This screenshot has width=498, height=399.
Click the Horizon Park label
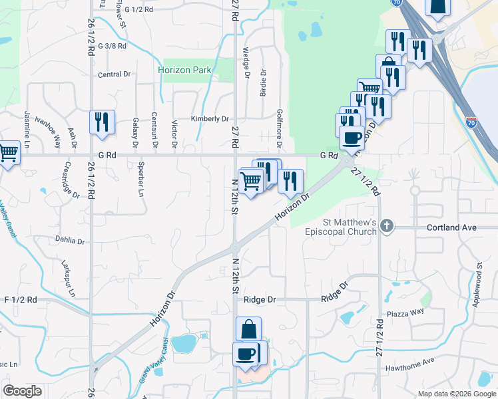(x=184, y=69)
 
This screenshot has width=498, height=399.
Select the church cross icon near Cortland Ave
(x=387, y=227)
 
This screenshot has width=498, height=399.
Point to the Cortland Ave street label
(x=451, y=227)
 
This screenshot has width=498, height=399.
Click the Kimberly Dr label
(x=210, y=118)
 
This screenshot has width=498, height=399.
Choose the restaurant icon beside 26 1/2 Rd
(x=102, y=122)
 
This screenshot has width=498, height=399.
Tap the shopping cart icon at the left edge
(x=8, y=153)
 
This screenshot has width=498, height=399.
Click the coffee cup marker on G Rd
(x=352, y=138)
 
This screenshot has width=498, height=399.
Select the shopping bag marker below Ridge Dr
(x=248, y=329)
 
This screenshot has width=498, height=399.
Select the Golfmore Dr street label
(x=280, y=129)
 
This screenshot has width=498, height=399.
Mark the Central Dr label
(x=114, y=74)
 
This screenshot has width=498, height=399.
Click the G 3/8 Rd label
(x=111, y=47)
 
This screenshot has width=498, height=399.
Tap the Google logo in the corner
(x=23, y=391)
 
